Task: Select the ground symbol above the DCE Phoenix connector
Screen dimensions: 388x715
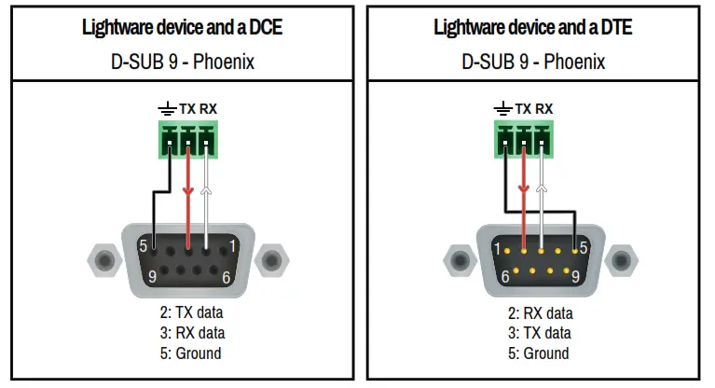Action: [x=165, y=109]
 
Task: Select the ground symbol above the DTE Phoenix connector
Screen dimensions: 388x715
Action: [x=503, y=109]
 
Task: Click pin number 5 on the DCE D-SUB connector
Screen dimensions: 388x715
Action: [x=144, y=246]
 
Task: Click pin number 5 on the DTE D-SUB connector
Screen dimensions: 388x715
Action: [x=583, y=248]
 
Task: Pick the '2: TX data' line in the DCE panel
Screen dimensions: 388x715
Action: [x=192, y=312]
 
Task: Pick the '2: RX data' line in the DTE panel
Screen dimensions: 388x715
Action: [x=540, y=312]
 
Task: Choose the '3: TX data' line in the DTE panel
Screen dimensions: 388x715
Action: [x=540, y=333]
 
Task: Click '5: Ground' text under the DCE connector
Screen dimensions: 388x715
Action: [x=192, y=353]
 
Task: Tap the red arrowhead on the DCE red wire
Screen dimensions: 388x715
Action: [x=188, y=193]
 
